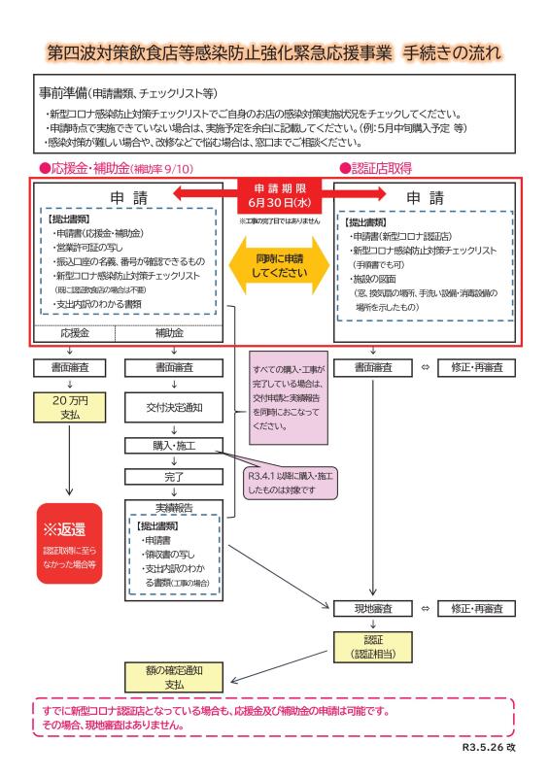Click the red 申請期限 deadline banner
(x=279, y=195)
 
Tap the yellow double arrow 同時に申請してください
(x=279, y=265)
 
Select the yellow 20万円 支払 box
(x=69, y=407)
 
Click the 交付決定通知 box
(x=174, y=408)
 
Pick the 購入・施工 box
(x=174, y=446)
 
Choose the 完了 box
(x=174, y=477)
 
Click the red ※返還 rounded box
(x=69, y=543)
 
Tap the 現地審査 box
(x=373, y=609)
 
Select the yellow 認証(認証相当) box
(x=373, y=647)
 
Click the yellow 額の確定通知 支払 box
(x=174, y=677)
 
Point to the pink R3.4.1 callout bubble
(x=291, y=483)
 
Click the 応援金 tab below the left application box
(x=75, y=333)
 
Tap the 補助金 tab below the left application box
(x=169, y=333)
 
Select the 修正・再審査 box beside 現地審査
(x=476, y=609)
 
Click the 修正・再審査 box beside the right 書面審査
(x=476, y=368)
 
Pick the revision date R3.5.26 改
(x=489, y=747)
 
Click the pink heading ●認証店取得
(x=375, y=168)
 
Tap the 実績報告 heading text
(x=174, y=507)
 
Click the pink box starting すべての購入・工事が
(x=289, y=398)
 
